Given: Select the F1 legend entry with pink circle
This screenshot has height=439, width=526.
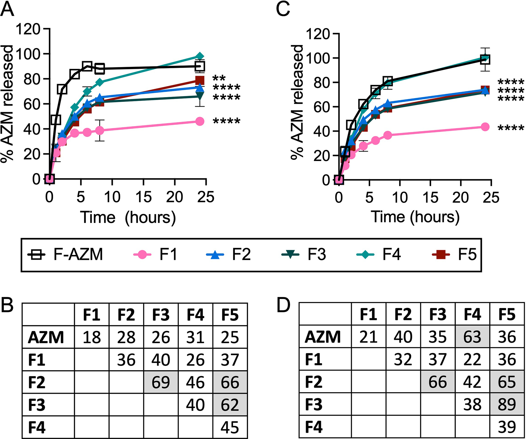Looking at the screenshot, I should (x=155, y=254).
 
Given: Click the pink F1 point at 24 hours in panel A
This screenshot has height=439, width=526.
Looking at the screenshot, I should (x=200, y=121).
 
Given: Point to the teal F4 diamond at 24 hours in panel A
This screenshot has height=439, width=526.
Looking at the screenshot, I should (x=200, y=56).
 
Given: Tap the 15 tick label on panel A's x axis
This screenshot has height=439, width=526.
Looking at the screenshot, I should (x=143, y=197).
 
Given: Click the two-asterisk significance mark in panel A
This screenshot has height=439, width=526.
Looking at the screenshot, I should (x=219, y=78).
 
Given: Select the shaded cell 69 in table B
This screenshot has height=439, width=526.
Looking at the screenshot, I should (x=161, y=382).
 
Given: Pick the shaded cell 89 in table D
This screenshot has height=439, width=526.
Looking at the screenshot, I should (x=507, y=404).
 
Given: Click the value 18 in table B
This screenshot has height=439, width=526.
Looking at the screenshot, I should (x=92, y=337).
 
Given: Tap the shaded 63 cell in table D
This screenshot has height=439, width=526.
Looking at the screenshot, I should (x=472, y=337).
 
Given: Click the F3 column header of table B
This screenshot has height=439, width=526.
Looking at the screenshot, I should (x=161, y=315).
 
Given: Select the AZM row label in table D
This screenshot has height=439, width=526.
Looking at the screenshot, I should (x=323, y=337).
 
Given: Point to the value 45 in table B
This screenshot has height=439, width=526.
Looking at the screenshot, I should (x=230, y=427).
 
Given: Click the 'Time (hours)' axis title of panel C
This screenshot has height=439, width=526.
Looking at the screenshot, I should (x=415, y=217).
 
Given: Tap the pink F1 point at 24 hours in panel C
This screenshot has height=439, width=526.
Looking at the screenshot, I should (x=485, y=127).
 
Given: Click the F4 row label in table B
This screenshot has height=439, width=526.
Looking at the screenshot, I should (x=37, y=427).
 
